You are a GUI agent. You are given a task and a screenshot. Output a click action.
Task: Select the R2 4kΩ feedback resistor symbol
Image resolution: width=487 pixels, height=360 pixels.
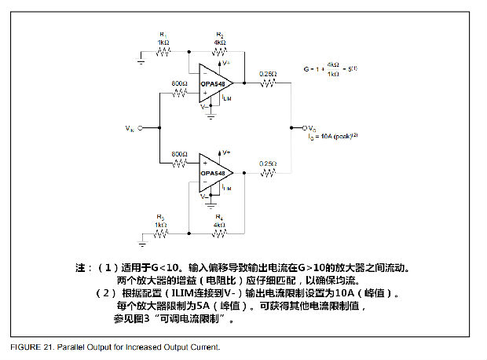click(219, 53)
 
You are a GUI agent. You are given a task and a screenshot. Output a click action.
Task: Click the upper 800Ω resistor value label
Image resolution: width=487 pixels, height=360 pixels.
click(180, 83)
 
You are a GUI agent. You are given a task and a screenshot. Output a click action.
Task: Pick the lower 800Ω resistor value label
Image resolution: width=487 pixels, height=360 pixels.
click(180, 154)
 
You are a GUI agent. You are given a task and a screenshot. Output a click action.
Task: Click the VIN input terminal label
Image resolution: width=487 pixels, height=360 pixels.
click(130, 126)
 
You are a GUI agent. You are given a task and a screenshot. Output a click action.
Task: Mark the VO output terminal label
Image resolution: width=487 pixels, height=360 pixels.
click(312, 127)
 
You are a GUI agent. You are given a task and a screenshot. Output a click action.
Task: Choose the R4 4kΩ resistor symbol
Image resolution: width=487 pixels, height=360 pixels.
click(219, 233)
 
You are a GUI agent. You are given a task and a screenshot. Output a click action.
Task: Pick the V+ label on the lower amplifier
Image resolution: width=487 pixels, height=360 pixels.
click(226, 151)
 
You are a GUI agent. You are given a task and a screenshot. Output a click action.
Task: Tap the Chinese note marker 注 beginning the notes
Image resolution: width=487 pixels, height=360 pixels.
click(81, 267)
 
